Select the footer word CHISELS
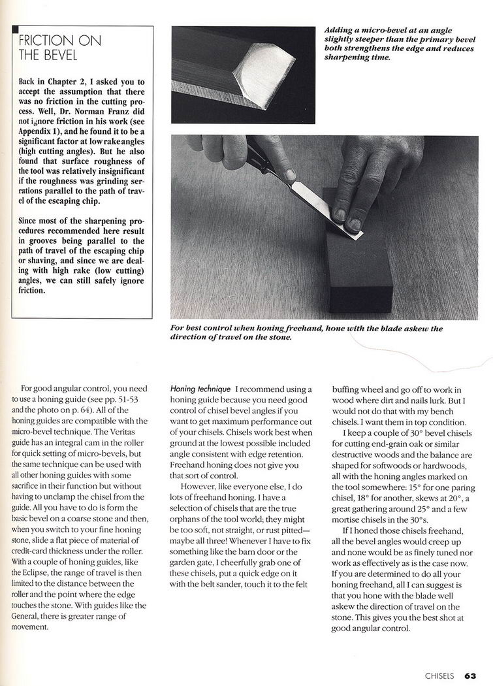(439, 676)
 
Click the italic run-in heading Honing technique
(197, 389)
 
